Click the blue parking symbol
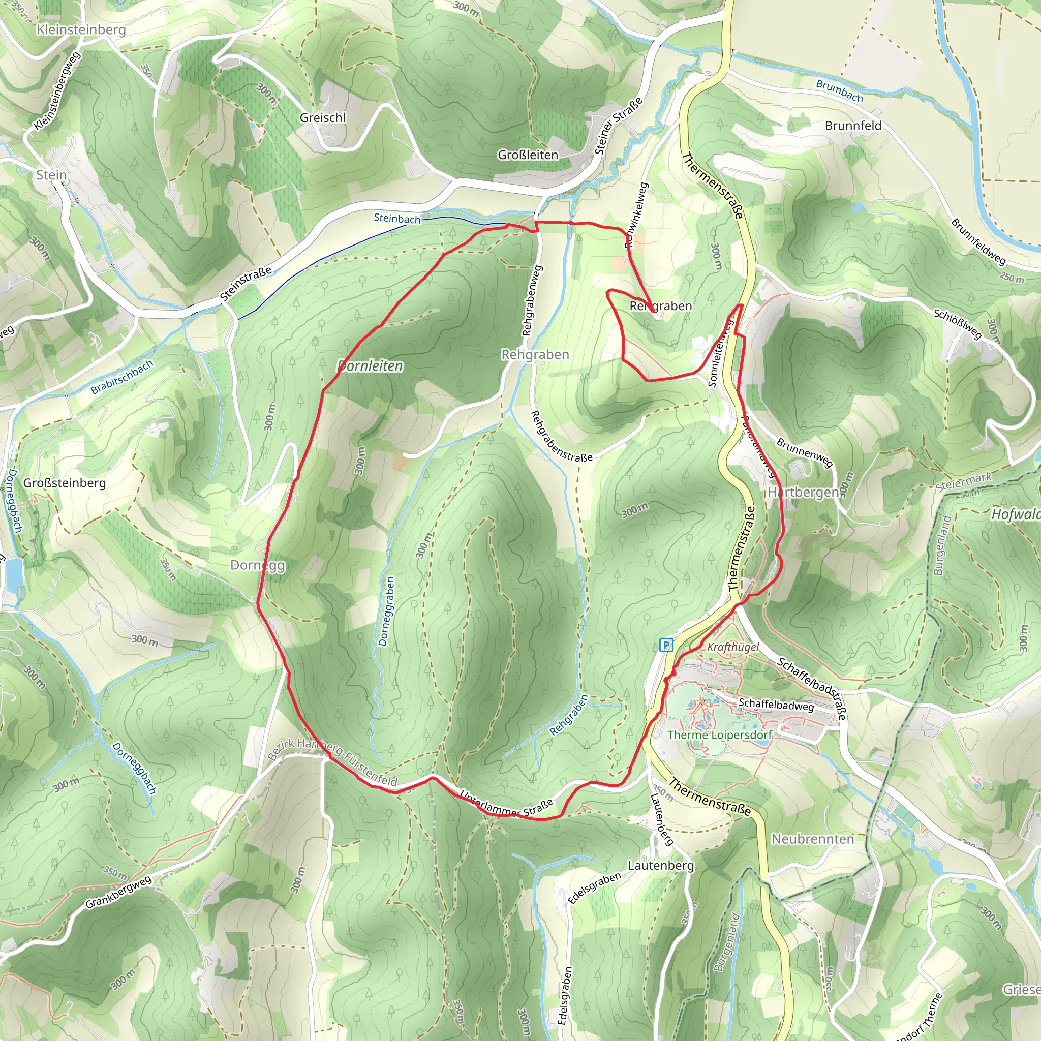point(666,645)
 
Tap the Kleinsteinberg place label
point(81,29)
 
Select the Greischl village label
point(322,117)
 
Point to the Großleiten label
point(528,155)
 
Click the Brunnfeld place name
point(853,126)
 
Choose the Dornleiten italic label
point(371,366)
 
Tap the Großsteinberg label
point(64,483)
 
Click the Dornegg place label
point(258,565)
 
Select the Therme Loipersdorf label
point(719,735)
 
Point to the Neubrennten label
point(813,839)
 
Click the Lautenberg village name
point(661,865)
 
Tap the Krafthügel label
point(733,647)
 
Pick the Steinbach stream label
point(397,218)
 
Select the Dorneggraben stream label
point(386,611)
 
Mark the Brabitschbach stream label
point(122,377)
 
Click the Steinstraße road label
point(246,284)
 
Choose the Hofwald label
point(1015,514)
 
